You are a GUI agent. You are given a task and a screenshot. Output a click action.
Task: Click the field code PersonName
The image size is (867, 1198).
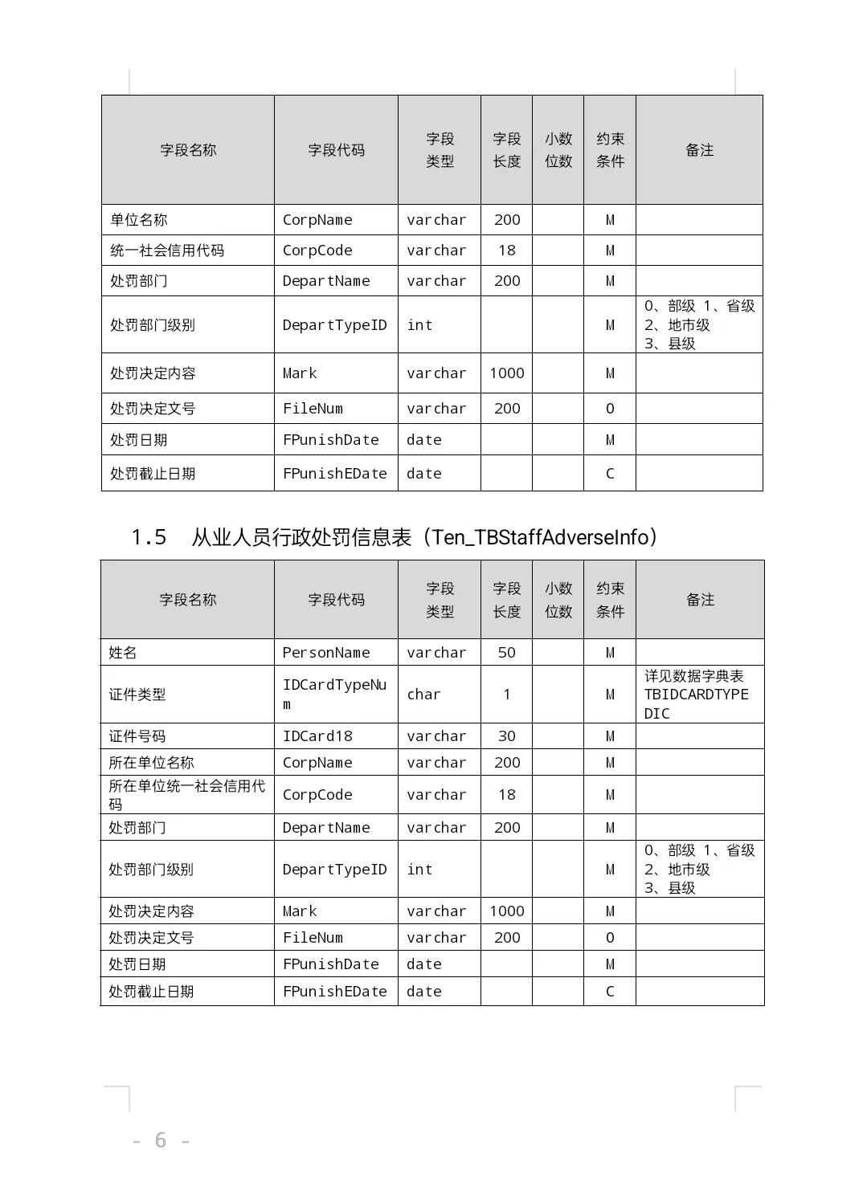point(326,653)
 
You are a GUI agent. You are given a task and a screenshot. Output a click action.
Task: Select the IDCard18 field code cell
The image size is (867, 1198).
point(317,736)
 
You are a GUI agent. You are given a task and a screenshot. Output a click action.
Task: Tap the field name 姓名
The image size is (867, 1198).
point(123,653)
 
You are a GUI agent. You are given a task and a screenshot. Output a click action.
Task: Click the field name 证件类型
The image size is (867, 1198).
point(137,695)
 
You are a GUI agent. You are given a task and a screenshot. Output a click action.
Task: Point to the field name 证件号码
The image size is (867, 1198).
point(137,736)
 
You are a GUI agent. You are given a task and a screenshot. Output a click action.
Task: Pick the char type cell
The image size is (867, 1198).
point(423,695)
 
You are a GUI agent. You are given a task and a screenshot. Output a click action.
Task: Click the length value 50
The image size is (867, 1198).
point(506,653)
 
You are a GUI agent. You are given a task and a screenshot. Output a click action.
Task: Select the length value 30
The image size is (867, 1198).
point(506,736)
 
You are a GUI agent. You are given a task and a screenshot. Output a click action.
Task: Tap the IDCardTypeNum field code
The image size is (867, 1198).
point(334,694)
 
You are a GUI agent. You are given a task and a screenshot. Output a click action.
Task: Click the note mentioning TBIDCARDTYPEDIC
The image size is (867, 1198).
point(697,695)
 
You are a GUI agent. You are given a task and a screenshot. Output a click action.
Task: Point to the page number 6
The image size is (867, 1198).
point(161,1140)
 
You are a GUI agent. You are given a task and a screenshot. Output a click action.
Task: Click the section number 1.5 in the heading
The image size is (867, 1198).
point(149,537)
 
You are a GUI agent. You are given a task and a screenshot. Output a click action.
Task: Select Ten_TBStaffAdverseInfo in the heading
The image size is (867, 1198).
point(540,537)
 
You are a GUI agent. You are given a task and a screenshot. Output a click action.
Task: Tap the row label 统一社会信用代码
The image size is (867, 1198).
point(167,251)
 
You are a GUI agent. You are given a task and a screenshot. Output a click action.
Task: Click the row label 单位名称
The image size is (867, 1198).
point(139,220)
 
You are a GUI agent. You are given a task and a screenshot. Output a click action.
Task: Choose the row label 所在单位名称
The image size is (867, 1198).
point(152,763)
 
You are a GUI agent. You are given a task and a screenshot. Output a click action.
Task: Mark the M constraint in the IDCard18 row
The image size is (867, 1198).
point(610,736)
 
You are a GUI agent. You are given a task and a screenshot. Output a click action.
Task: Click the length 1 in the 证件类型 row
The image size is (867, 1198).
point(506,695)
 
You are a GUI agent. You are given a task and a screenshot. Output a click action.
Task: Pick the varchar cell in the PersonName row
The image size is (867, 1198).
point(436,653)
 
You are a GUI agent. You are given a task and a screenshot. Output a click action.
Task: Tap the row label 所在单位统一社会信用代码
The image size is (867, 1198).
point(186,795)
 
